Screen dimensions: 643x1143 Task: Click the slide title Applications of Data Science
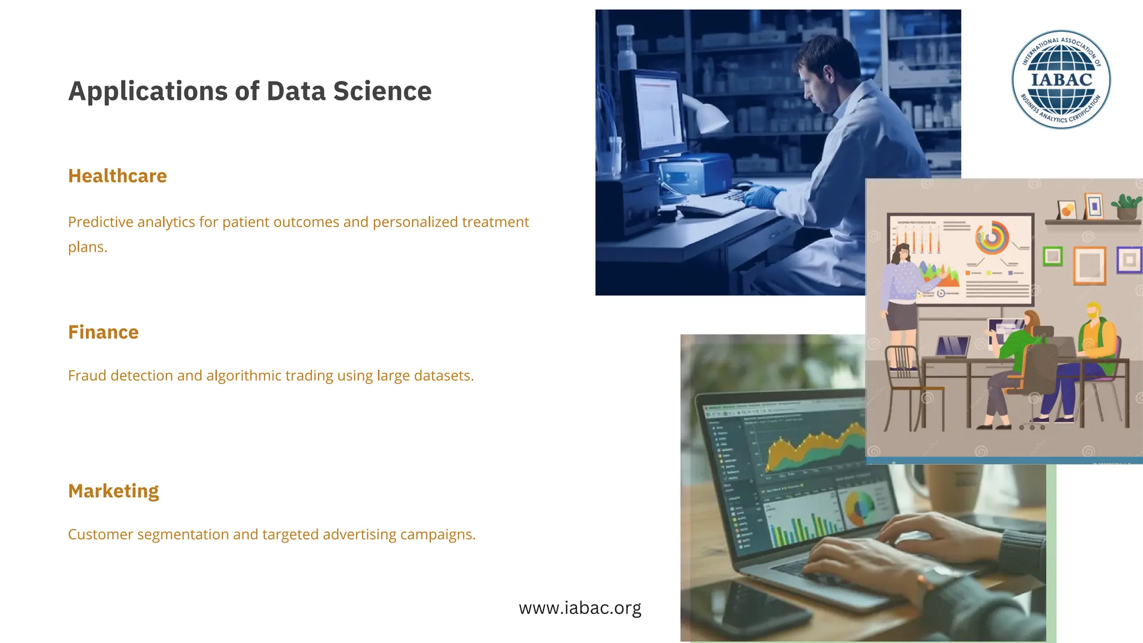pos(249,91)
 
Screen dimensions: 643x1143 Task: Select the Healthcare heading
pos(117,176)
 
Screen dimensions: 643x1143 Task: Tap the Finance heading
pos(103,332)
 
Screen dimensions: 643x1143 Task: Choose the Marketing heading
pos(113,491)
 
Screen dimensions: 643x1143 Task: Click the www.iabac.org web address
pos(580,607)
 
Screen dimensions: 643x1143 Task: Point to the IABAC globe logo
pos(1061,79)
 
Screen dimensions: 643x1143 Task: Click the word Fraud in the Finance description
pos(87,376)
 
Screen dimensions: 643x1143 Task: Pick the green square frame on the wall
pos(1053,256)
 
